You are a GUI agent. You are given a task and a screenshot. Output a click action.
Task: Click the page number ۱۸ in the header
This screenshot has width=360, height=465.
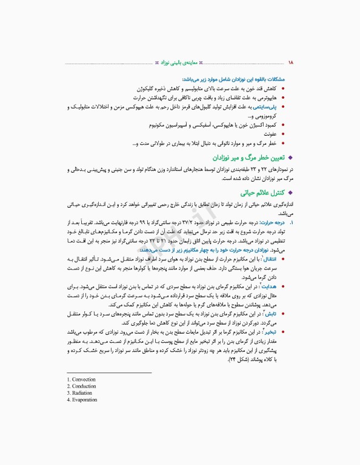click(290, 62)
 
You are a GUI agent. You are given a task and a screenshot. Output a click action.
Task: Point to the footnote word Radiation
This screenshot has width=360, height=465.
click(82, 393)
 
